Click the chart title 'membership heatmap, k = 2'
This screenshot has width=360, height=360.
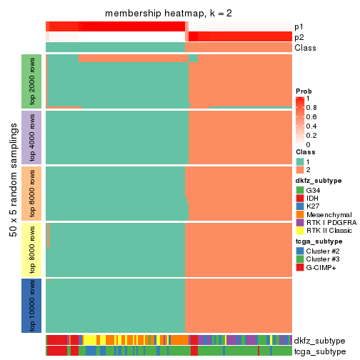click(x=169, y=14)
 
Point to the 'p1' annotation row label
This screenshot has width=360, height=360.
click(x=299, y=26)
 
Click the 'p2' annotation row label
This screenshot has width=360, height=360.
click(x=299, y=37)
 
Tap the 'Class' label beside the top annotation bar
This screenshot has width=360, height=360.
click(x=304, y=48)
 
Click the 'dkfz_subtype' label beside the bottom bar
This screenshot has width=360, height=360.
click(x=319, y=341)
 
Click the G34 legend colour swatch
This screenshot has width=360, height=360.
click(x=300, y=190)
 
